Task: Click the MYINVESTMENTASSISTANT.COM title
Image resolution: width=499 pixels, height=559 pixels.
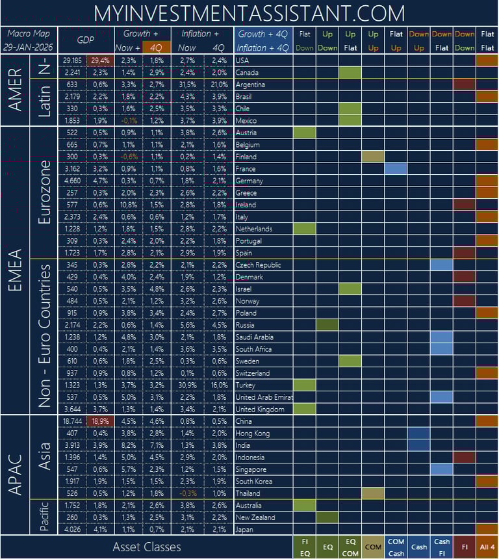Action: (x=249, y=12)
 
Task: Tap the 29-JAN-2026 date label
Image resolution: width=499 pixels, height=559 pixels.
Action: (x=29, y=47)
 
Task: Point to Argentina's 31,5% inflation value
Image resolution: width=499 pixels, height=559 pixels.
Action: (x=187, y=84)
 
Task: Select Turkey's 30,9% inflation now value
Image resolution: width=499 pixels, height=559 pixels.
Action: (x=187, y=385)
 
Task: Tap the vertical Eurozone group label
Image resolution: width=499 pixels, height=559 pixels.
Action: (x=44, y=192)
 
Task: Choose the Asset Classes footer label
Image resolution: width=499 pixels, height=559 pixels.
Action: (x=147, y=547)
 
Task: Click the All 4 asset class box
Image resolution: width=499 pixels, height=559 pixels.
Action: (x=487, y=547)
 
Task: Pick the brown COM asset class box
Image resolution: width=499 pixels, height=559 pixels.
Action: (x=373, y=547)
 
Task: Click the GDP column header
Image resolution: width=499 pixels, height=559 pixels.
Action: (x=86, y=40)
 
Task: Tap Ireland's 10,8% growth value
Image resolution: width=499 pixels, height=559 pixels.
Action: (x=128, y=205)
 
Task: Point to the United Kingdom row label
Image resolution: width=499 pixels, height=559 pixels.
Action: (x=260, y=409)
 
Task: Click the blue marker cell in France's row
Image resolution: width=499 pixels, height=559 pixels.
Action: (x=396, y=169)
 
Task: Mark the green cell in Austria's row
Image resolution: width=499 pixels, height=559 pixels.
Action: (x=304, y=133)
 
